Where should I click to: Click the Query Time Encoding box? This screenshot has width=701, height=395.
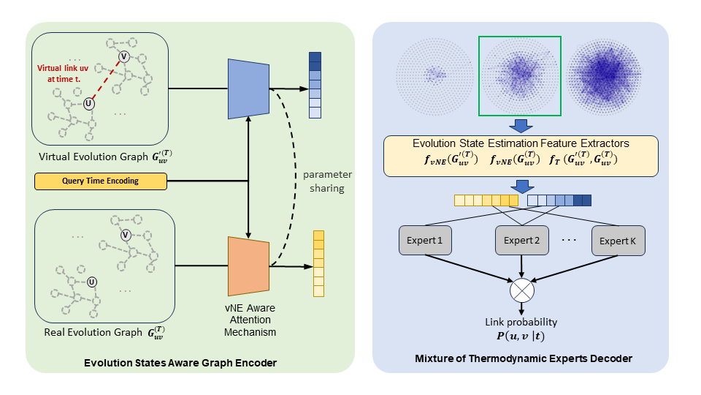tap(101, 181)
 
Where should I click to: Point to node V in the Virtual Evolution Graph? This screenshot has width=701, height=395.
tap(125, 56)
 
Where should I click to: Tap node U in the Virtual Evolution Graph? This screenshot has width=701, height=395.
tap(89, 104)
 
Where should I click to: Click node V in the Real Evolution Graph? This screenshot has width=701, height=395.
tap(126, 235)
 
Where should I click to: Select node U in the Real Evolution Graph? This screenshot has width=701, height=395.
tap(92, 282)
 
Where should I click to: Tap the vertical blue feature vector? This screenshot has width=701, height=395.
tap(315, 85)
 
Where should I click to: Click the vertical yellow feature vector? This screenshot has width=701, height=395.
tap(318, 263)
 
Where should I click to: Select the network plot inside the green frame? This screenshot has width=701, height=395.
tap(519, 77)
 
